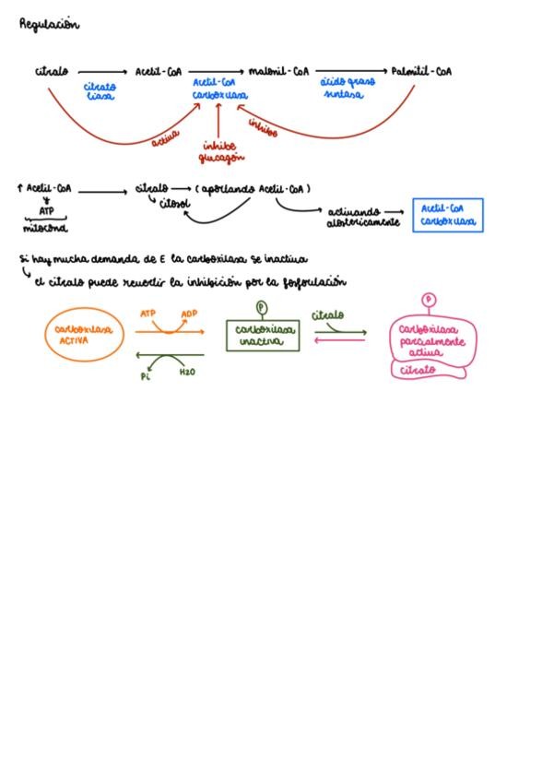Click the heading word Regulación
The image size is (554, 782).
pyautogui.click(x=49, y=25)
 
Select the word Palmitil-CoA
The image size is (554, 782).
pyautogui.click(x=421, y=71)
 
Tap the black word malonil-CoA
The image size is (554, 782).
pyautogui.click(x=277, y=71)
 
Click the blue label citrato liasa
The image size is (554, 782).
pyautogui.click(x=100, y=91)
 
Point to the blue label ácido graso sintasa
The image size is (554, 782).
pyautogui.click(x=348, y=88)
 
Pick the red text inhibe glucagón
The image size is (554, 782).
pyautogui.click(x=220, y=151)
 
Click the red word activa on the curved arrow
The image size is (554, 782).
pyautogui.click(x=165, y=139)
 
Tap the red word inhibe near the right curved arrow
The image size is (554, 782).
pyautogui.click(x=263, y=132)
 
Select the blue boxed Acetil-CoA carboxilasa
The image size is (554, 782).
pyautogui.click(x=448, y=215)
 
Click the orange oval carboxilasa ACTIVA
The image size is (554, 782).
pyautogui.click(x=85, y=334)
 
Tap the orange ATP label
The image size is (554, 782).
pyautogui.click(x=147, y=314)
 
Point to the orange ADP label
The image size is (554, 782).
pyautogui.click(x=189, y=314)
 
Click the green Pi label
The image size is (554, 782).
pyautogui.click(x=145, y=375)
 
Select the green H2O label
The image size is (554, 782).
pyautogui.click(x=187, y=373)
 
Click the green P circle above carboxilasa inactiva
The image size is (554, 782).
pyautogui.click(x=261, y=307)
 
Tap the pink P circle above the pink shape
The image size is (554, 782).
pyautogui.click(x=429, y=299)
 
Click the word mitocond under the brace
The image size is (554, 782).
pyautogui.click(x=45, y=228)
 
